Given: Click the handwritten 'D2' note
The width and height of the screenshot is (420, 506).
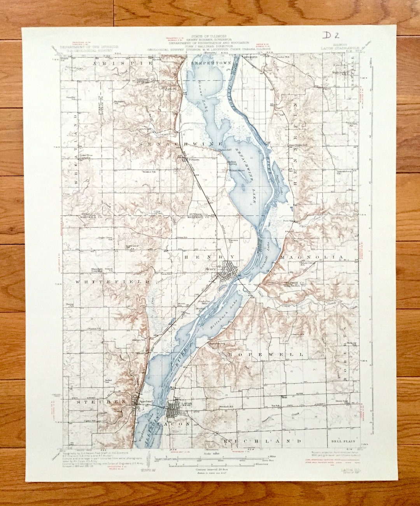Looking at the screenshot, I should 331,35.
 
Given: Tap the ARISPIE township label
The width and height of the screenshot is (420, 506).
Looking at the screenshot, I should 117,63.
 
